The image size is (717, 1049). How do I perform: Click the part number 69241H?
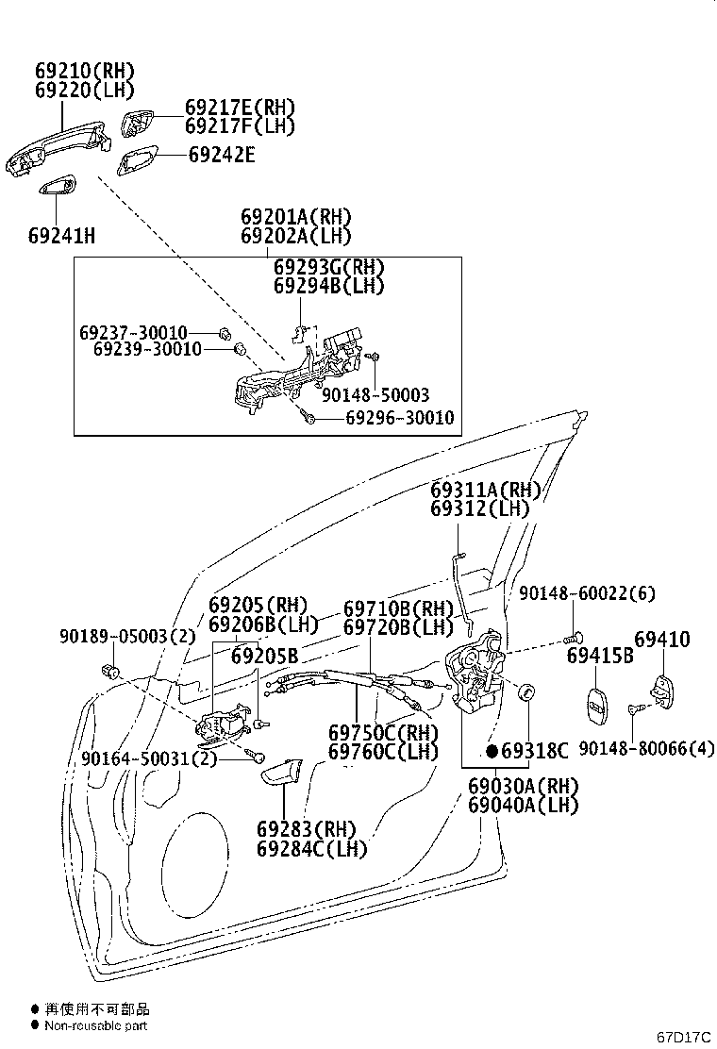pos(61,236)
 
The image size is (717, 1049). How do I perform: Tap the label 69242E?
pos(222,156)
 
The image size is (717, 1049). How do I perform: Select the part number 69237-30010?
pos(133,332)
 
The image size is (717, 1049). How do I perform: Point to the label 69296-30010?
pos(399,418)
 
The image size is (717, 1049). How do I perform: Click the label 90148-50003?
pos(375,394)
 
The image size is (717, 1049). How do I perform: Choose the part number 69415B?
pos(600,656)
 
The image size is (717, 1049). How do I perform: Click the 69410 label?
pos(661,640)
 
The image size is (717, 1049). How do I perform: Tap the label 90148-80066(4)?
pos(647,749)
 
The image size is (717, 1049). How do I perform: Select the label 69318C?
pos(534,751)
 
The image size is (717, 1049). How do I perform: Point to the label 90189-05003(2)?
pos(127,636)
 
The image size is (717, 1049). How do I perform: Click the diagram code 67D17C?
pos(683,1037)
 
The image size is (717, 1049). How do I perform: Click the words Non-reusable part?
pos(95,1025)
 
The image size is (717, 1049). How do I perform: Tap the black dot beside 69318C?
pos(492,751)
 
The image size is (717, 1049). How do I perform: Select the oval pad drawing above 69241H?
pos(57,186)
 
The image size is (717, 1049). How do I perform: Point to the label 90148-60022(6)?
pos(587,593)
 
